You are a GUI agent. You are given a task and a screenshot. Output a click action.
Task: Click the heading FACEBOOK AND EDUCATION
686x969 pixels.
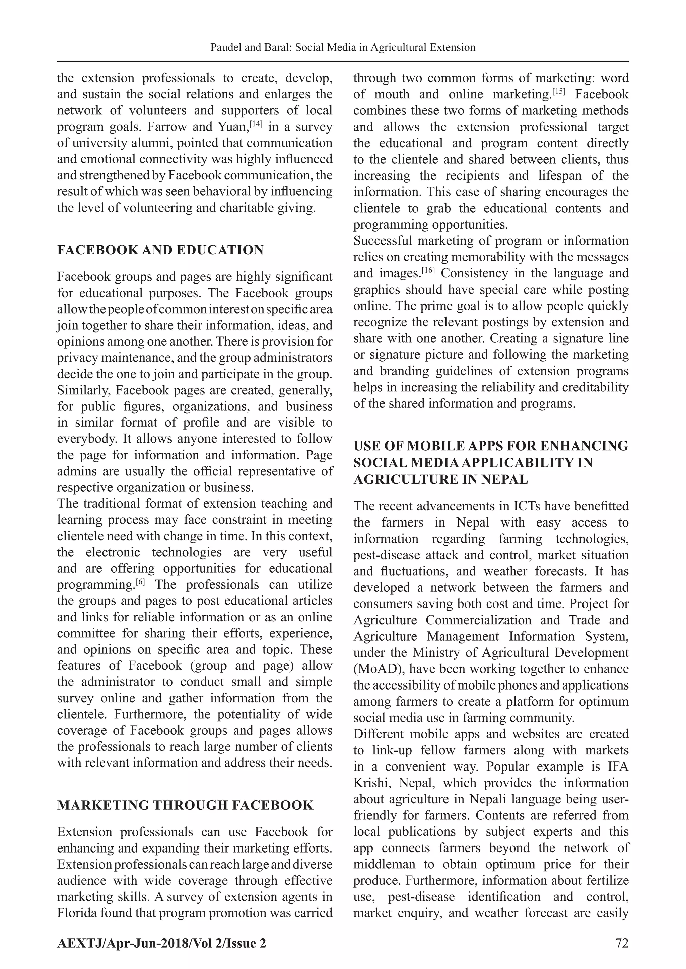160,250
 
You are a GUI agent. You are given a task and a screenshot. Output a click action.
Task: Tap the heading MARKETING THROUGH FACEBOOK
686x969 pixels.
185,805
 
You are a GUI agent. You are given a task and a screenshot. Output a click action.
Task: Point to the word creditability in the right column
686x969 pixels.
595,387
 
